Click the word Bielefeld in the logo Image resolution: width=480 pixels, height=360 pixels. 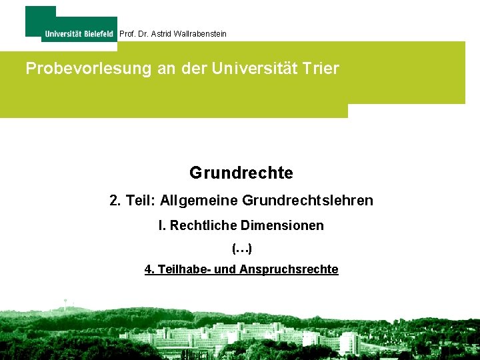click(99, 34)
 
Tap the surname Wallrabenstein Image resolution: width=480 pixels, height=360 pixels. click(199, 33)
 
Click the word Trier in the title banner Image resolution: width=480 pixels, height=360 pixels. click(322, 68)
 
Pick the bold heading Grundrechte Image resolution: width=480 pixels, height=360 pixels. click(241, 173)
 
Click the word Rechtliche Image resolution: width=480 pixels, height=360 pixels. click(200, 226)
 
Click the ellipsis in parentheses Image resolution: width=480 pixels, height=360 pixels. click(241, 249)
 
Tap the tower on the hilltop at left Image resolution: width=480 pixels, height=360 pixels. click(65, 303)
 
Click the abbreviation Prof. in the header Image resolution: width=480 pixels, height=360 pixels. click(127, 33)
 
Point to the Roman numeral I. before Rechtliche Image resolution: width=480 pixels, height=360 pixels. click(162, 226)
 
